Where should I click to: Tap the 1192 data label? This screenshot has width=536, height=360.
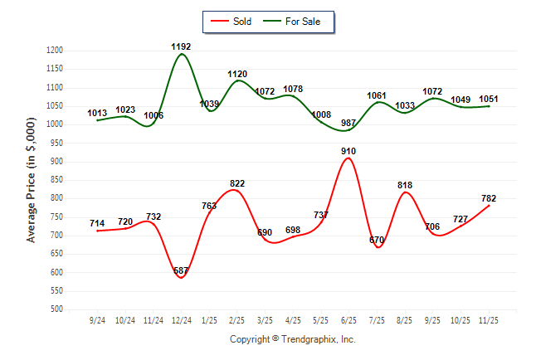181,46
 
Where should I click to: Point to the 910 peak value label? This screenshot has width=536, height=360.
349,151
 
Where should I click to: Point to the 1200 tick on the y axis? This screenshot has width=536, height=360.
56,51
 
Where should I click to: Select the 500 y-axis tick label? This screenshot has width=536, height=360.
57,309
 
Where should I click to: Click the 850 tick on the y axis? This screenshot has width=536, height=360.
57,180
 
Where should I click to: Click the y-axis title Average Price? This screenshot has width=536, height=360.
32,180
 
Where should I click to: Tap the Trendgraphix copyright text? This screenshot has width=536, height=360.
292,339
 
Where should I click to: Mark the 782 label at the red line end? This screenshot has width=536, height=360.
490,198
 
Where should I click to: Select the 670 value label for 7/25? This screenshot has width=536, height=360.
378,241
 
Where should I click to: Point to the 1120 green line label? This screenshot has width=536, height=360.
237,74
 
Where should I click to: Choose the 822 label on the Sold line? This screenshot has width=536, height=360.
237,183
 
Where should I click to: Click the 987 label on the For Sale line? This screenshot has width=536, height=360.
349,123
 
